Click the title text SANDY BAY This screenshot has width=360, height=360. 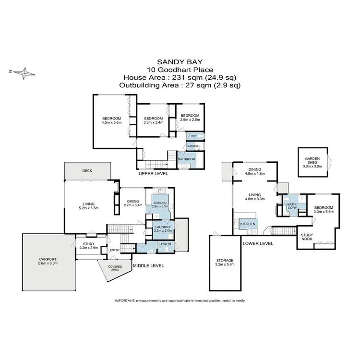pos(180,62)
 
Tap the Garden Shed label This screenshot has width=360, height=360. pos(312,163)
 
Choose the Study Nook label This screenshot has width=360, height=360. pos(307,237)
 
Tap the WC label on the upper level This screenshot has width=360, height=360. pos(193,136)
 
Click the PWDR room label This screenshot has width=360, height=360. pos(167,244)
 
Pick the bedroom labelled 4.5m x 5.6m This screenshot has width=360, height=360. pos(111,120)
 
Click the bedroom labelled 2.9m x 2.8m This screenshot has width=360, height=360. pos(190,118)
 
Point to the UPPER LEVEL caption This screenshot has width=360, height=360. pos(153,173)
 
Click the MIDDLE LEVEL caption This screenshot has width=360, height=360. pos(148,265)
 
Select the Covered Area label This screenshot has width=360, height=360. pos(115,267)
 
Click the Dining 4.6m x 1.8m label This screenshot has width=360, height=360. pos(254,171)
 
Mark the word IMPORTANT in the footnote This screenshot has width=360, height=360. pos(126,300)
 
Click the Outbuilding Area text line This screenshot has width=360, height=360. pos(180,85)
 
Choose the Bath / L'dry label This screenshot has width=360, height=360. pos(293,206)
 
